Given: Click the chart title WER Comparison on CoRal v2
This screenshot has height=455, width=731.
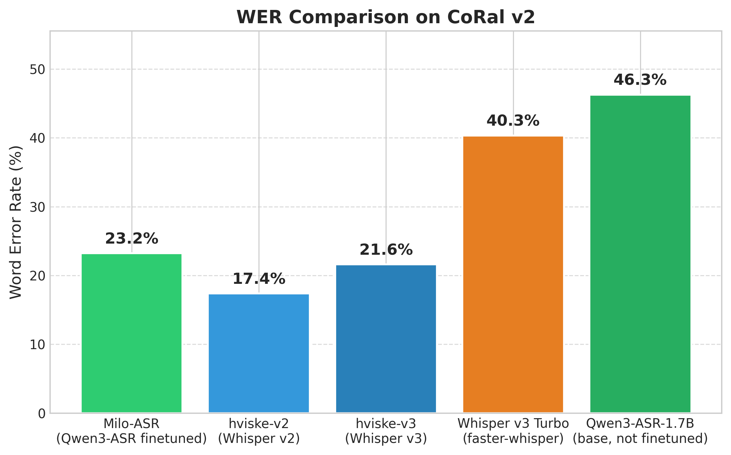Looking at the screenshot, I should point(386,17).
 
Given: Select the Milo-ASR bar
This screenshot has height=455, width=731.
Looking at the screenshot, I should point(131,333).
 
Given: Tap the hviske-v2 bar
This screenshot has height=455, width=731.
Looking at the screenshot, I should point(259,353).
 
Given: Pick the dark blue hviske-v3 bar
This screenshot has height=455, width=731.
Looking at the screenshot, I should point(386,339).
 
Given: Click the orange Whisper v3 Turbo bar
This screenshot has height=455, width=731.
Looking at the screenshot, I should point(513,274).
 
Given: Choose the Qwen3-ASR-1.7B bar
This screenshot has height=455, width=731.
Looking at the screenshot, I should point(640,254).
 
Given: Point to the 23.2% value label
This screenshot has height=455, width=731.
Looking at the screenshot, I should point(131,239).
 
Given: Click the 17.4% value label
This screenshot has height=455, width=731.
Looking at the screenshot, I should point(259,279).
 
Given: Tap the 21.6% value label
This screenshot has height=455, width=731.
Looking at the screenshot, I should point(386,250).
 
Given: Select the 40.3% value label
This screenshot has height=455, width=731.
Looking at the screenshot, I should point(513,121).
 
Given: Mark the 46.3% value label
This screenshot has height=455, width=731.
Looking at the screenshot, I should point(640,80).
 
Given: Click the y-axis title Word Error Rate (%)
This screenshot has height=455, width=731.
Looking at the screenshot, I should point(16,222).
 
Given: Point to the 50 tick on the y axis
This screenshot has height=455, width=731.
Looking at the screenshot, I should point(37,70).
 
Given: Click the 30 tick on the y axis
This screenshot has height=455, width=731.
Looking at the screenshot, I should point(37,207).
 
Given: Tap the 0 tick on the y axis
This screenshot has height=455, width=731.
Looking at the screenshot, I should point(42,414).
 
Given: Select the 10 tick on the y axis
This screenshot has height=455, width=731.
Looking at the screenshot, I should point(37,344).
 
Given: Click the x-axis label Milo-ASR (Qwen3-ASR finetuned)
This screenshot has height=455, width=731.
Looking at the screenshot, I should point(131,431).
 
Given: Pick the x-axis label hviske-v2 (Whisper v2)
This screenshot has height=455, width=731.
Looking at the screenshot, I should point(259,431).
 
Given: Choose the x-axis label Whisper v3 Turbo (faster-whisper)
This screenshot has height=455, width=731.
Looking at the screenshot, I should point(513,431).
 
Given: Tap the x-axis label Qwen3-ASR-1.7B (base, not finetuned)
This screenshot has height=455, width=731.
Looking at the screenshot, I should point(640,431).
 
